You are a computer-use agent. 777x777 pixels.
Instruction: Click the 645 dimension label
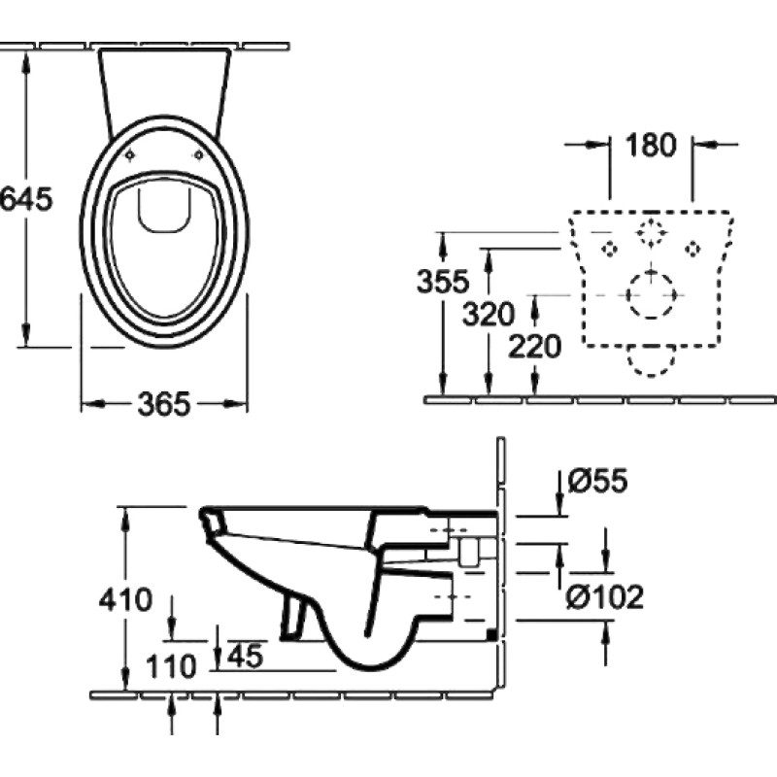tap(26, 199)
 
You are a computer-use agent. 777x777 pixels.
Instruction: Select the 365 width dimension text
tap(164, 404)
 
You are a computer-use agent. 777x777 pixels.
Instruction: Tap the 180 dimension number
tap(651, 145)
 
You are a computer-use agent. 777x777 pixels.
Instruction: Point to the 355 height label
tap(443, 281)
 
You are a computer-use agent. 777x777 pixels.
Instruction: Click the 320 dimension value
tap(489, 314)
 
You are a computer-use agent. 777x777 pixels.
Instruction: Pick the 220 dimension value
tap(535, 347)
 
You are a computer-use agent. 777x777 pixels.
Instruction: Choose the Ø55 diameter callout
tap(597, 480)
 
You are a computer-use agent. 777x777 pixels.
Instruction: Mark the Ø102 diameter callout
tap(604, 596)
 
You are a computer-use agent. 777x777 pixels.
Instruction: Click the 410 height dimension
tap(125, 599)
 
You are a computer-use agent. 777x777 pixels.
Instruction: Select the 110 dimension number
tap(172, 666)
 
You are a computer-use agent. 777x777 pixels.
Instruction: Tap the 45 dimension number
tap(246, 657)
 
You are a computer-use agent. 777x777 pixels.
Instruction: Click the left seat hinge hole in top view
tap(130, 155)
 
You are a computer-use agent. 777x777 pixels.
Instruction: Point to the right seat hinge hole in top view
tap(198, 155)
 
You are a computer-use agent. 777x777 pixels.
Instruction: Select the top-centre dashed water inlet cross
tap(651, 232)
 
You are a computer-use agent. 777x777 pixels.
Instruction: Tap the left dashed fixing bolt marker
tap(609, 249)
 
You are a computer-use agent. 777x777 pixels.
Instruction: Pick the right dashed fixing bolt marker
tap(693, 249)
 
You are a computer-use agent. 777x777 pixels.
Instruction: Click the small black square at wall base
tap(491, 634)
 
